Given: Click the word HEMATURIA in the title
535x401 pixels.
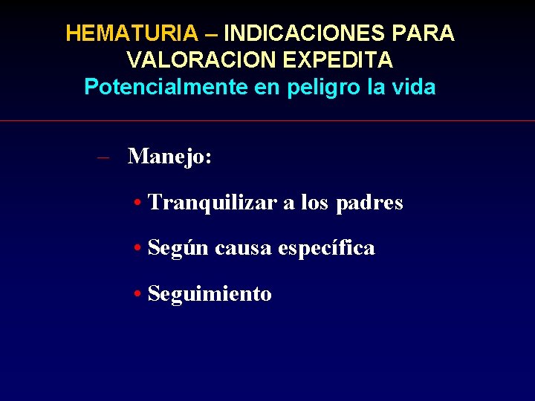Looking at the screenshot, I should [x=132, y=33].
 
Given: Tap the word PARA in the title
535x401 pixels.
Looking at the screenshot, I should [x=429, y=33].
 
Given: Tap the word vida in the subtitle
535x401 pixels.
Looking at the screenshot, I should [x=414, y=88].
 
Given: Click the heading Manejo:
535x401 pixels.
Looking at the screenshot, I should [x=170, y=157].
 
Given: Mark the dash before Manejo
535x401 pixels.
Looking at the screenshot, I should [x=104, y=157].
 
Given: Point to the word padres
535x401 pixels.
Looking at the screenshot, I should [x=369, y=203].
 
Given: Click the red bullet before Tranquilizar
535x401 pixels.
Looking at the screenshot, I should [x=139, y=203].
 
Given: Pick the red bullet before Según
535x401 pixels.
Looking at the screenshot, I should [x=139, y=249].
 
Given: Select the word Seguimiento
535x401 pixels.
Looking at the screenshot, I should [x=210, y=294].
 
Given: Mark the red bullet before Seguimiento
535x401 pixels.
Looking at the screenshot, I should [x=139, y=295].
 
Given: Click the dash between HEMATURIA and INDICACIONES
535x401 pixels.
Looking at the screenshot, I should [x=211, y=33].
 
